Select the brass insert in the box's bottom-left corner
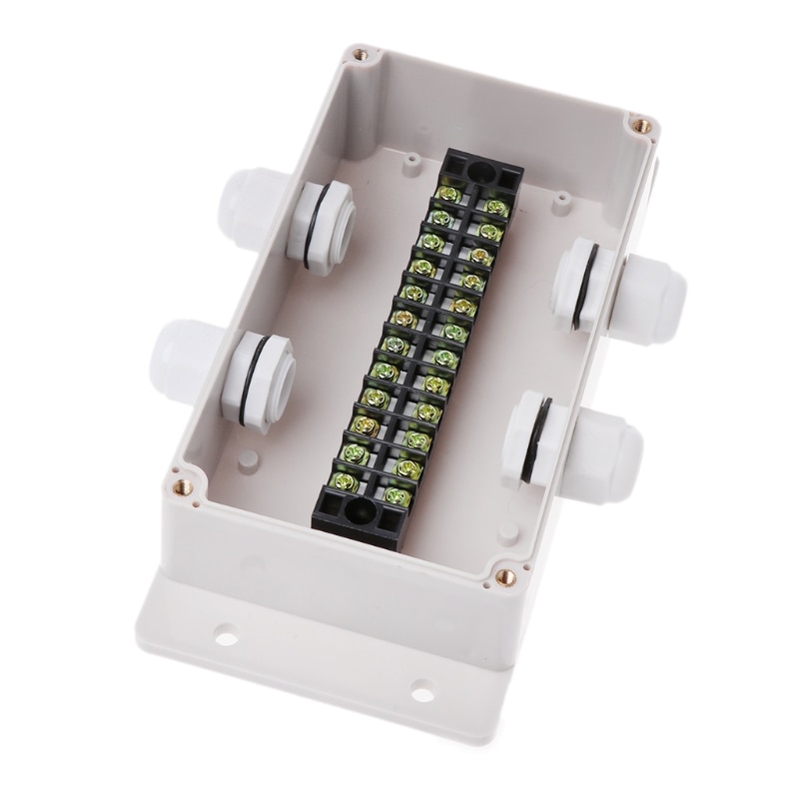[x=183, y=486]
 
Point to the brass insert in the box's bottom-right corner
[x=504, y=575]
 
